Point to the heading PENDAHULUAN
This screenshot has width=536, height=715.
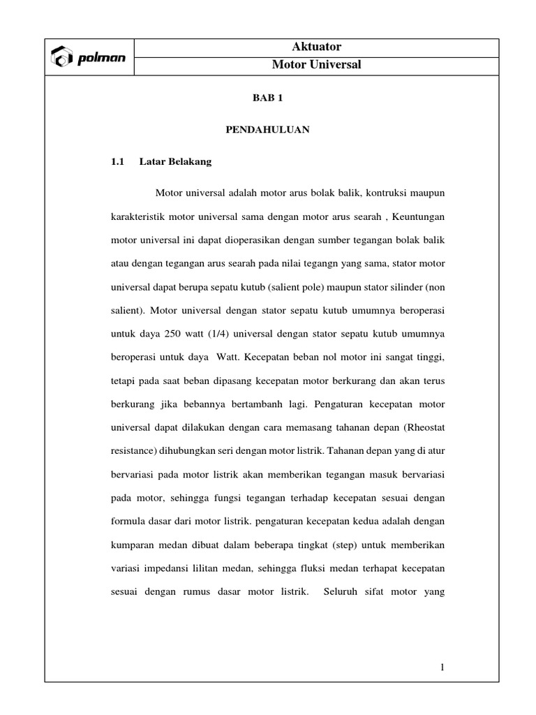[x=267, y=131]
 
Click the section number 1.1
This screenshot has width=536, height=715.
[x=117, y=162]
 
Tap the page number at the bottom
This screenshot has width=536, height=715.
[x=442, y=668]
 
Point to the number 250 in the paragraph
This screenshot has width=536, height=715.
[x=174, y=334]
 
